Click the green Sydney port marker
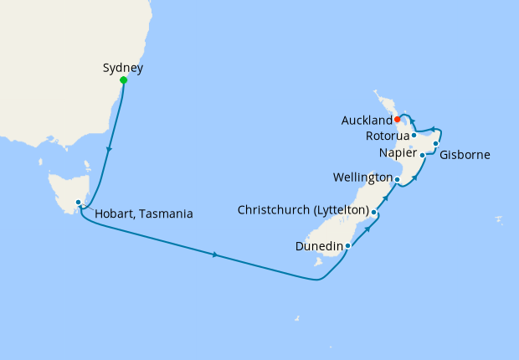pos(124,80)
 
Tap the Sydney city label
pos(122,67)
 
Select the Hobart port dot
pos(78,202)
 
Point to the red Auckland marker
pos(397,119)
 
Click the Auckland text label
pos(367,121)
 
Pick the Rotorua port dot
pos(414,135)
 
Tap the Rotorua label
pos(387,136)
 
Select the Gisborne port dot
pos(436,144)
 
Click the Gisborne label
pos(465,155)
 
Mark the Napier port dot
pos(422,155)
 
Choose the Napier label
pos(397,153)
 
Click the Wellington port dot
pos(397,179)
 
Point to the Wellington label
pos(362,177)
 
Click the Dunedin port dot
pos(347,245)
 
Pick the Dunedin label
pos(319,247)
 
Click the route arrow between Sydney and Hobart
pos(108,151)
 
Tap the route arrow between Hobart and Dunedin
pos(216,255)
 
